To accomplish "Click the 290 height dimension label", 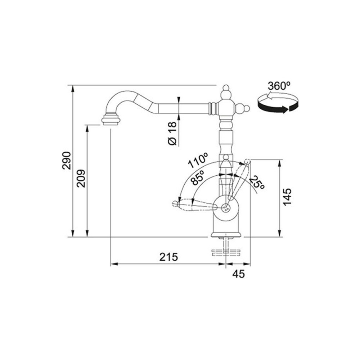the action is pos(67,160).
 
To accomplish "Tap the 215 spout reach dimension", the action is pos(169,257).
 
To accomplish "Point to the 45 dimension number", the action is pos(239,274).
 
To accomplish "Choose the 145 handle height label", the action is pos(287,197).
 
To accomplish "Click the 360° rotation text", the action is pos(279,86).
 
